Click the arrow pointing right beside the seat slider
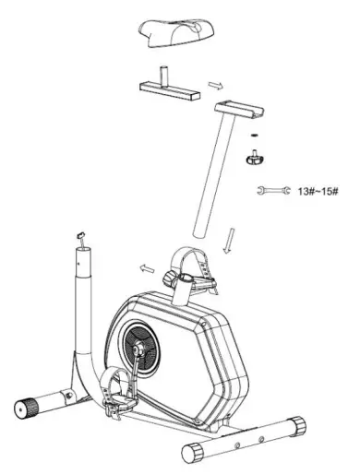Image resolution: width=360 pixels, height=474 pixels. tap(215, 86)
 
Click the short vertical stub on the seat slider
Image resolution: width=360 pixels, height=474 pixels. tap(165, 73)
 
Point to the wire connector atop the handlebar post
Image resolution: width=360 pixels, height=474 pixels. tap(81, 235)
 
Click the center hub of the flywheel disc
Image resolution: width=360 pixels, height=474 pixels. tap(139, 349)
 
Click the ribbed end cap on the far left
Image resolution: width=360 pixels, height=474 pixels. tap(25, 407)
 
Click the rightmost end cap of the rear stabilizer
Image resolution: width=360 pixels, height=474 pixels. tap(295, 425)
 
